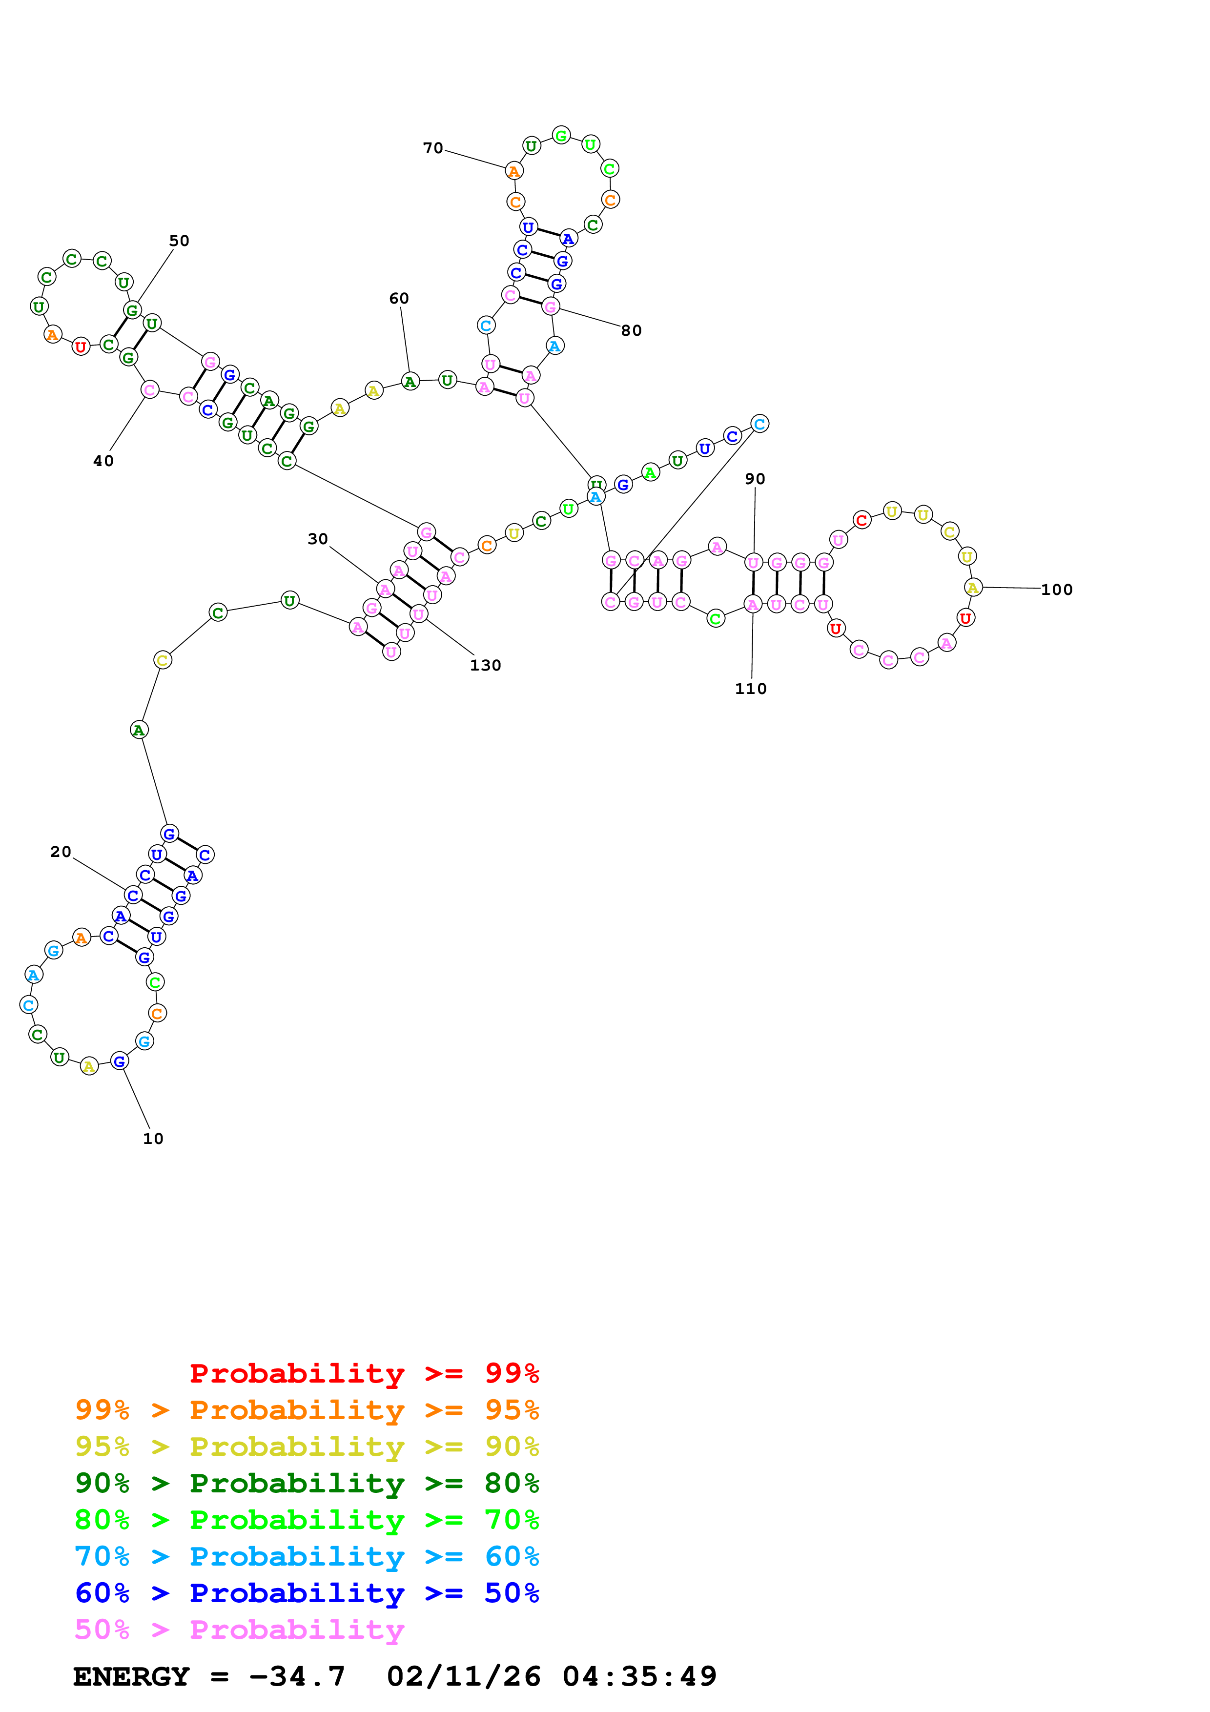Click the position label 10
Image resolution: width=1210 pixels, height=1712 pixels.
coord(153,1139)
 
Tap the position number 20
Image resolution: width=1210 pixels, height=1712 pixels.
coord(61,852)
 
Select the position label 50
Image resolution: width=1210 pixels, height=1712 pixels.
coord(179,241)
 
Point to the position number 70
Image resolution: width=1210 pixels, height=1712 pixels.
coord(432,148)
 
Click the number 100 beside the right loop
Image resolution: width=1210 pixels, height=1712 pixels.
coord(1056,590)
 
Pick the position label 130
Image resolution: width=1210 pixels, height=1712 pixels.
coord(485,665)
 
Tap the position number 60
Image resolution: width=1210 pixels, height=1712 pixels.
coord(399,298)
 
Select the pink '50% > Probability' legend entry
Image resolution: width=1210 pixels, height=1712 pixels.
coord(239,1630)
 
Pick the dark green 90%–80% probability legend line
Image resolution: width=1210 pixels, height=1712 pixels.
coord(307,1484)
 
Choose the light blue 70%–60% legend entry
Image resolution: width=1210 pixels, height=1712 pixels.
coord(307,1557)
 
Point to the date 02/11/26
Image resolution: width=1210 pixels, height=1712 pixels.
coord(464,1677)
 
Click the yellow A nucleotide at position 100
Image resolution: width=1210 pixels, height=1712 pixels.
coord(973,588)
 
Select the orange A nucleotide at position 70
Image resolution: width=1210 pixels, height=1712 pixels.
coord(513,171)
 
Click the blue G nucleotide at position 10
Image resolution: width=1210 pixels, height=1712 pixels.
coord(119,1061)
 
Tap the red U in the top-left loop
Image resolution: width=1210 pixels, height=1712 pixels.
coord(81,346)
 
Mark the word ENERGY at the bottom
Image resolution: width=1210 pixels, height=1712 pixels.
coord(131,1677)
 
